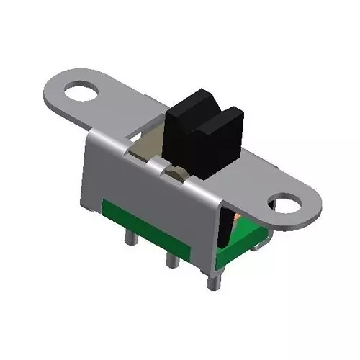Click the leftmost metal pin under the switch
[132, 238]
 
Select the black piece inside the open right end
[224, 234]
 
